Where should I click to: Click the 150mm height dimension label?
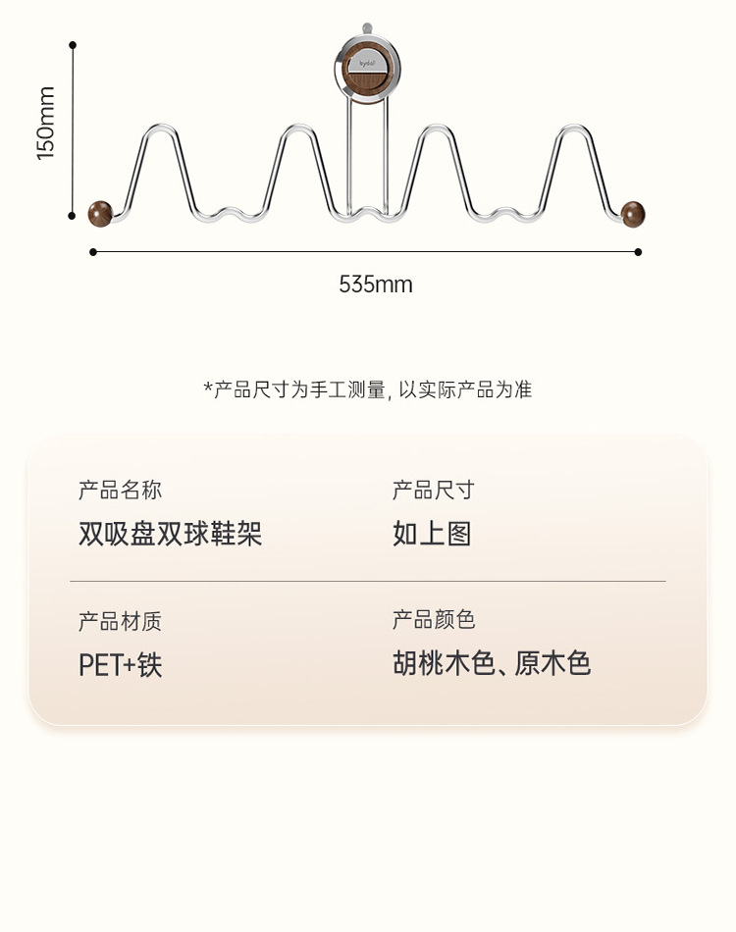46,124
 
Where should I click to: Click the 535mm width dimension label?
376,285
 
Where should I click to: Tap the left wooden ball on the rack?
100,213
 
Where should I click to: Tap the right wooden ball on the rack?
634,213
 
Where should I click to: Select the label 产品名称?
120,491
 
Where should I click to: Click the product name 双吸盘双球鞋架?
170,534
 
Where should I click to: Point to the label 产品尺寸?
433,491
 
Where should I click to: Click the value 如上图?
432,534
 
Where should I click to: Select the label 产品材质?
120,621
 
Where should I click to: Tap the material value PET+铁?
120,665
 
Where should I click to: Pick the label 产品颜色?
433,620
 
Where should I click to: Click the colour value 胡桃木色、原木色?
492,664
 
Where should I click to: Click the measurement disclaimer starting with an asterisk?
367,389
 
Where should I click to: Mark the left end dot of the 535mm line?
93,252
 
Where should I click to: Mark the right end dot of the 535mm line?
638,252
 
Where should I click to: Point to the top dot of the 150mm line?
73,45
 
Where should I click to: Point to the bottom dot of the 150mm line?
73,215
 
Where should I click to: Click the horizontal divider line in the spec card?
367,581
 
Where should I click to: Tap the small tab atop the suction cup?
367,28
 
